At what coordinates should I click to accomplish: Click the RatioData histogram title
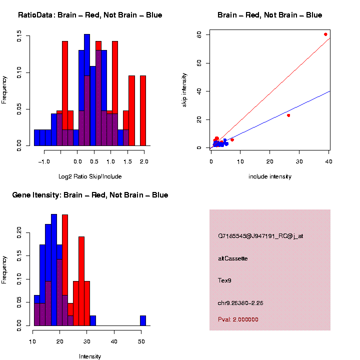click(x=90, y=15)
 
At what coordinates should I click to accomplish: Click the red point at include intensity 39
click(x=325, y=34)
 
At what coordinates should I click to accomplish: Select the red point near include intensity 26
click(x=288, y=115)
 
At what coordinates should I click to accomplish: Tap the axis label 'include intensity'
click(x=270, y=176)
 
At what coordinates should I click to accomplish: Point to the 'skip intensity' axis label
click(x=184, y=89)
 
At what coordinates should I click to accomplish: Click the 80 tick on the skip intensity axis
click(x=199, y=34)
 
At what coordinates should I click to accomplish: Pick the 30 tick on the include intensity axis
click(x=299, y=161)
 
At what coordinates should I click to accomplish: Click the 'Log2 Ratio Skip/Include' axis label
click(x=90, y=176)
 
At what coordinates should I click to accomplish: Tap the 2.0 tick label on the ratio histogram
click(x=144, y=161)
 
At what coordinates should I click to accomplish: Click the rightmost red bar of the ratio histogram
click(x=143, y=110)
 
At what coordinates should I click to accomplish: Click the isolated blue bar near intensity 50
click(x=143, y=320)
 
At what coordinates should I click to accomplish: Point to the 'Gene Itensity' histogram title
click(x=90, y=195)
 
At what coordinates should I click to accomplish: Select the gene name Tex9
click(x=224, y=280)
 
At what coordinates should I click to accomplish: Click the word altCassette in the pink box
click(x=233, y=258)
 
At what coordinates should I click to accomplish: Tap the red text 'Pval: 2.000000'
click(x=238, y=319)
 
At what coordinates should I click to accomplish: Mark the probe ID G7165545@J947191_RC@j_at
click(x=260, y=236)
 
